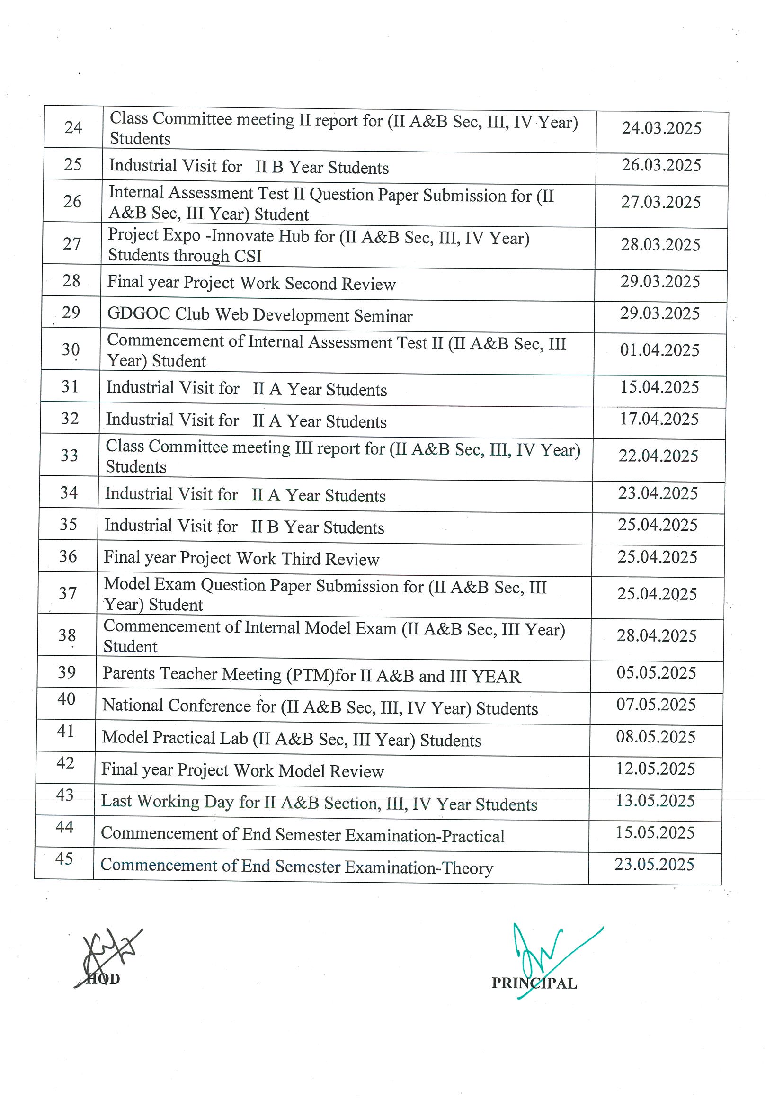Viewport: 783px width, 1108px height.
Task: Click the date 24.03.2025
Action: click(x=661, y=128)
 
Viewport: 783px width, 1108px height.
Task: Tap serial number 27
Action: click(x=72, y=244)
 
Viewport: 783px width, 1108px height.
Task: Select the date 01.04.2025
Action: click(x=659, y=350)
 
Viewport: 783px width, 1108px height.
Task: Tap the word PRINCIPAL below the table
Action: click(x=534, y=983)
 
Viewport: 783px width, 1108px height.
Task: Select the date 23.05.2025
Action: click(x=654, y=864)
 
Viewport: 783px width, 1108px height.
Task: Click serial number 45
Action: click(x=64, y=858)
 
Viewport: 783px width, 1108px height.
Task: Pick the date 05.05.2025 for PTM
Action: click(x=656, y=673)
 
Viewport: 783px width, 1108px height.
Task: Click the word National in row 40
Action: click(x=133, y=705)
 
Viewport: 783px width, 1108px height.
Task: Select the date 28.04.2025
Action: click(x=657, y=635)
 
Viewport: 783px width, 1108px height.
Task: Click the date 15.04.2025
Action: click(x=659, y=387)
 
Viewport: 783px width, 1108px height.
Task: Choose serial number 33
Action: click(x=70, y=455)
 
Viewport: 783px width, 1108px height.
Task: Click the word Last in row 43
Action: click(x=116, y=801)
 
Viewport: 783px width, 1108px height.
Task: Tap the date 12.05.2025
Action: click(x=656, y=768)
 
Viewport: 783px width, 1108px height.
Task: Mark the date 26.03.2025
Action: click(x=661, y=165)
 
